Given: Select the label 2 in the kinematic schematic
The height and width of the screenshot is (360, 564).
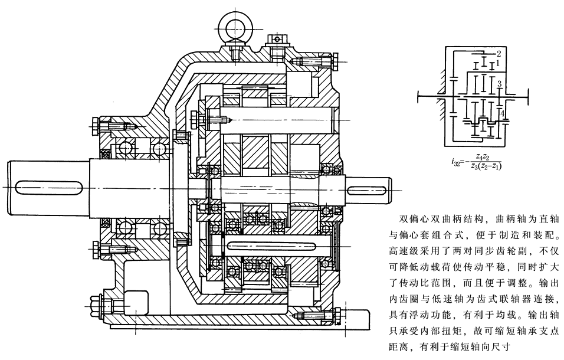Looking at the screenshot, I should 499,54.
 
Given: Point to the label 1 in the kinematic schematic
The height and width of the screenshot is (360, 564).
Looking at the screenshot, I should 499,61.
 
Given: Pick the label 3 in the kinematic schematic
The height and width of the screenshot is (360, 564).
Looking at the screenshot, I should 499,83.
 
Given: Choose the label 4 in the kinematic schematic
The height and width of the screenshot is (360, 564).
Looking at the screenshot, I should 502,111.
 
